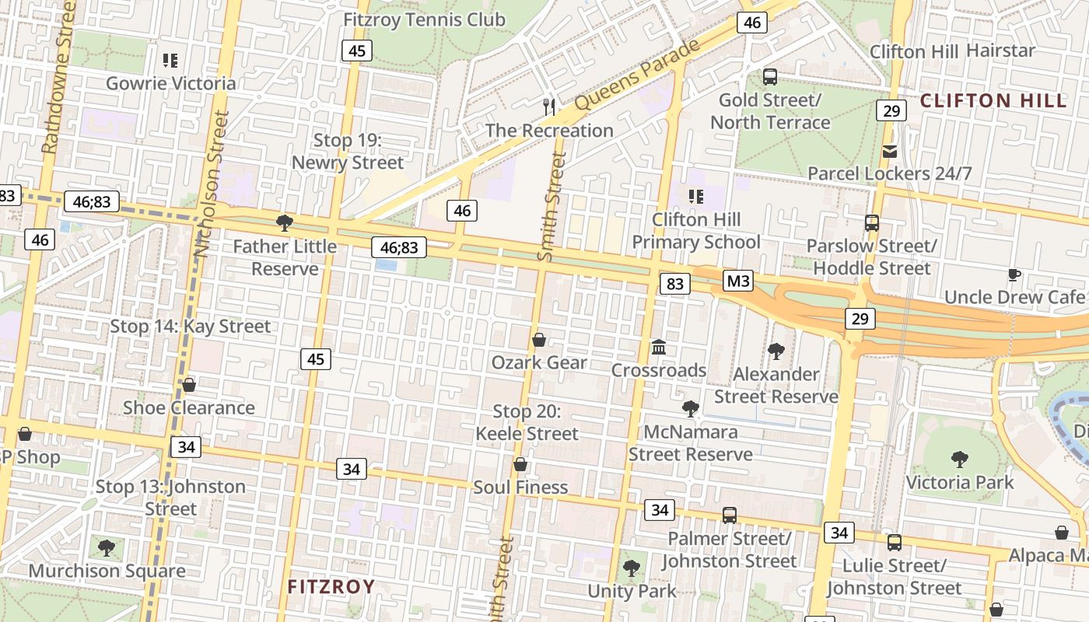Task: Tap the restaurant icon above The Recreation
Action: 550,107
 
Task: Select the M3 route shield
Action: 737,281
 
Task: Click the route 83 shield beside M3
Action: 674,284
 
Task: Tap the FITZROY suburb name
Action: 331,586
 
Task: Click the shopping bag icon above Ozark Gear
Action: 538,340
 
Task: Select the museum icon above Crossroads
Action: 659,347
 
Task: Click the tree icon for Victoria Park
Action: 960,460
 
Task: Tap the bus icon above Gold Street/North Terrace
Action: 769,77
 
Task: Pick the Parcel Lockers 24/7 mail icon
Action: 890,151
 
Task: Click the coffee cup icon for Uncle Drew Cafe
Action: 1014,274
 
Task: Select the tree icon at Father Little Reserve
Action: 285,223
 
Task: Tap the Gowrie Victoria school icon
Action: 170,60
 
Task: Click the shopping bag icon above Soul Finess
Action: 520,464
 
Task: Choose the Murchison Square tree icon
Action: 107,548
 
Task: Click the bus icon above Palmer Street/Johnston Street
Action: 729,515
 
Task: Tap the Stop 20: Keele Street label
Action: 527,423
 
